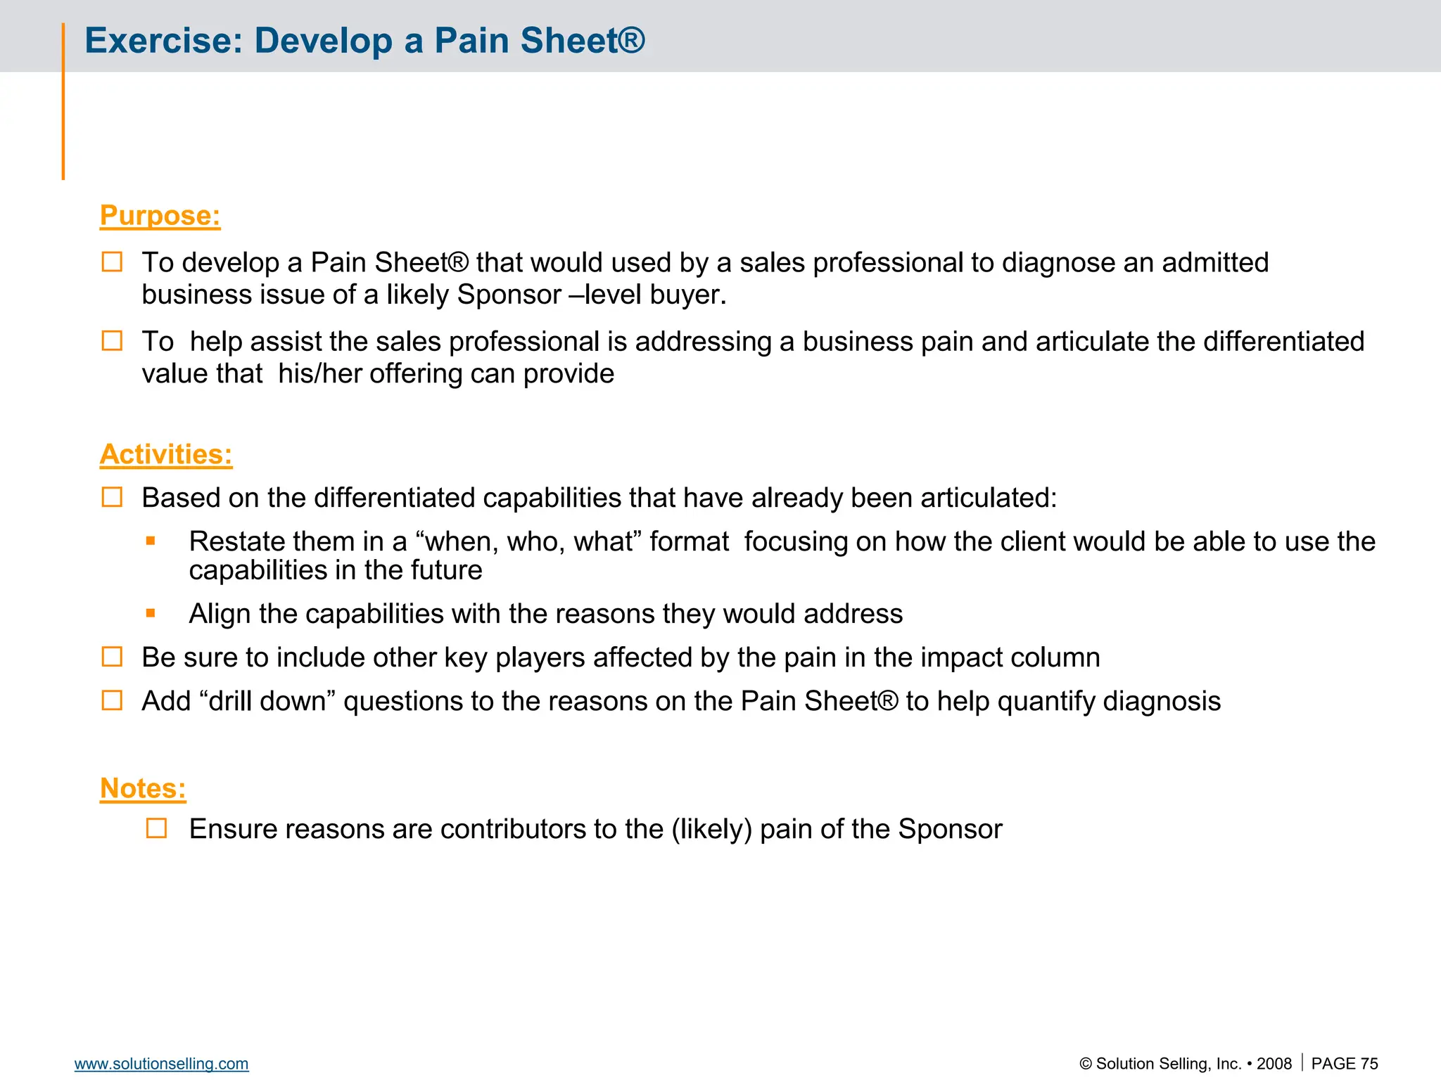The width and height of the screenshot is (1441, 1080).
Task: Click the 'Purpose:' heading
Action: pyautogui.click(x=160, y=215)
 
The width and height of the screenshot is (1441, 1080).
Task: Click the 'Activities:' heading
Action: pyautogui.click(x=166, y=454)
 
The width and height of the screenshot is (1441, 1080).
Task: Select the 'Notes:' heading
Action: pyautogui.click(x=143, y=788)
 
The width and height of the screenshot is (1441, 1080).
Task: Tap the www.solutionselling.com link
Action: pyautogui.click(x=161, y=1064)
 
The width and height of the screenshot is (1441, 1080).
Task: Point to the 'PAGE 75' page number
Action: pyautogui.click(x=1344, y=1064)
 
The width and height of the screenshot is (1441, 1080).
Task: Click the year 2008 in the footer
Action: pyautogui.click(x=1274, y=1064)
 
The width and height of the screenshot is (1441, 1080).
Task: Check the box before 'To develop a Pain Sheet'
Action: pyautogui.click(x=113, y=262)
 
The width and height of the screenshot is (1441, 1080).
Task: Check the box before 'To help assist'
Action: pyautogui.click(x=113, y=341)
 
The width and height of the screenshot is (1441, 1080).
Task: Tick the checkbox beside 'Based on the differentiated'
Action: pyautogui.click(x=113, y=498)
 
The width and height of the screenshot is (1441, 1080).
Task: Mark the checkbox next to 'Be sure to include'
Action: pyautogui.click(x=113, y=657)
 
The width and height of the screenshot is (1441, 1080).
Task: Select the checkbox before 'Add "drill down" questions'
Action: pyautogui.click(x=113, y=700)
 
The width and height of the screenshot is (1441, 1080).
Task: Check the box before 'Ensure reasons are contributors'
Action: pyautogui.click(x=157, y=828)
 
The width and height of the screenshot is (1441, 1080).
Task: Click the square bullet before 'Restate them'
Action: pyautogui.click(x=151, y=541)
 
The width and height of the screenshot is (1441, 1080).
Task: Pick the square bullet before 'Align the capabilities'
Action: pyautogui.click(x=151, y=613)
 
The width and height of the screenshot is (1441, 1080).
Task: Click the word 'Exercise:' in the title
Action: pyautogui.click(x=163, y=41)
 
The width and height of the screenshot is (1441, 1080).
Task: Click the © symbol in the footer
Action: pyautogui.click(x=1086, y=1065)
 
